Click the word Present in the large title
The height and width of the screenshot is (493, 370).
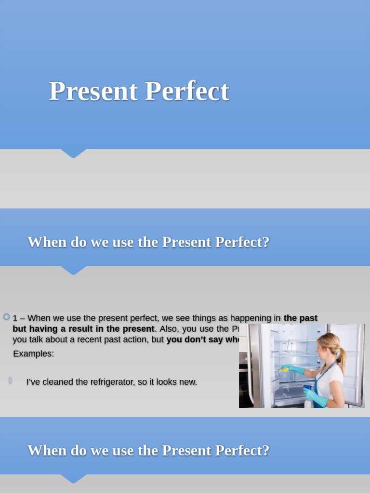(93, 91)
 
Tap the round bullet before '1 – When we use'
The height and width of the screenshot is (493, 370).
(6, 317)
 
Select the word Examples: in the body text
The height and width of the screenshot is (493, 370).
(34, 354)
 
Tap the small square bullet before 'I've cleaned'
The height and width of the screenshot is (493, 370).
(10, 381)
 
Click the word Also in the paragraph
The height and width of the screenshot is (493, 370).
(169, 329)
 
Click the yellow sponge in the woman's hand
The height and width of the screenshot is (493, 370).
(284, 369)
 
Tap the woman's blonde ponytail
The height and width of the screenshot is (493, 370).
(342, 359)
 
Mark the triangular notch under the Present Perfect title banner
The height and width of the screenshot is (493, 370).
(73, 153)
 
